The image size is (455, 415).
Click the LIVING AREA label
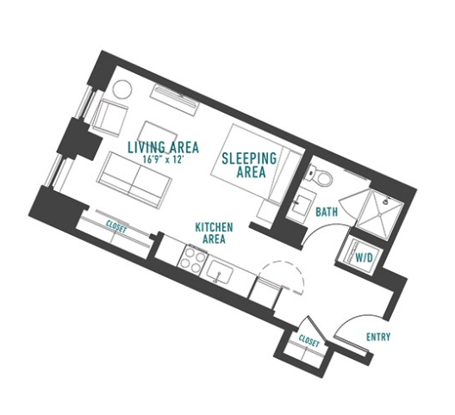pyautogui.click(x=164, y=147)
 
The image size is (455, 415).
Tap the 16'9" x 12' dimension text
pyautogui.click(x=164, y=159)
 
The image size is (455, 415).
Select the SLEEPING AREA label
pyautogui.click(x=249, y=165)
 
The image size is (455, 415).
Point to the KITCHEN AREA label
pyautogui.click(x=214, y=232)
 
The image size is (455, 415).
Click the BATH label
pyautogui.click(x=327, y=212)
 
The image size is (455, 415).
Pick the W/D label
pyautogui.click(x=364, y=257)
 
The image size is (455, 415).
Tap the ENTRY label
pyautogui.click(x=378, y=337)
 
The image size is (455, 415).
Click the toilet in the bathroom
pyautogui.click(x=320, y=175)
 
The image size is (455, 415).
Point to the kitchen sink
pyautogui.click(x=220, y=272)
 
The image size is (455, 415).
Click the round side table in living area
pyautogui.click(x=122, y=90)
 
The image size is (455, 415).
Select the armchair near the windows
pyautogui.click(x=109, y=118)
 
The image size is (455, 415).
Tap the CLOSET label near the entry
pyautogui.click(x=309, y=341)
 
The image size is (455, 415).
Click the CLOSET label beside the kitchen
pyautogui.click(x=116, y=226)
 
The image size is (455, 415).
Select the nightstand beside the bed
pyautogui.click(x=267, y=211)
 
